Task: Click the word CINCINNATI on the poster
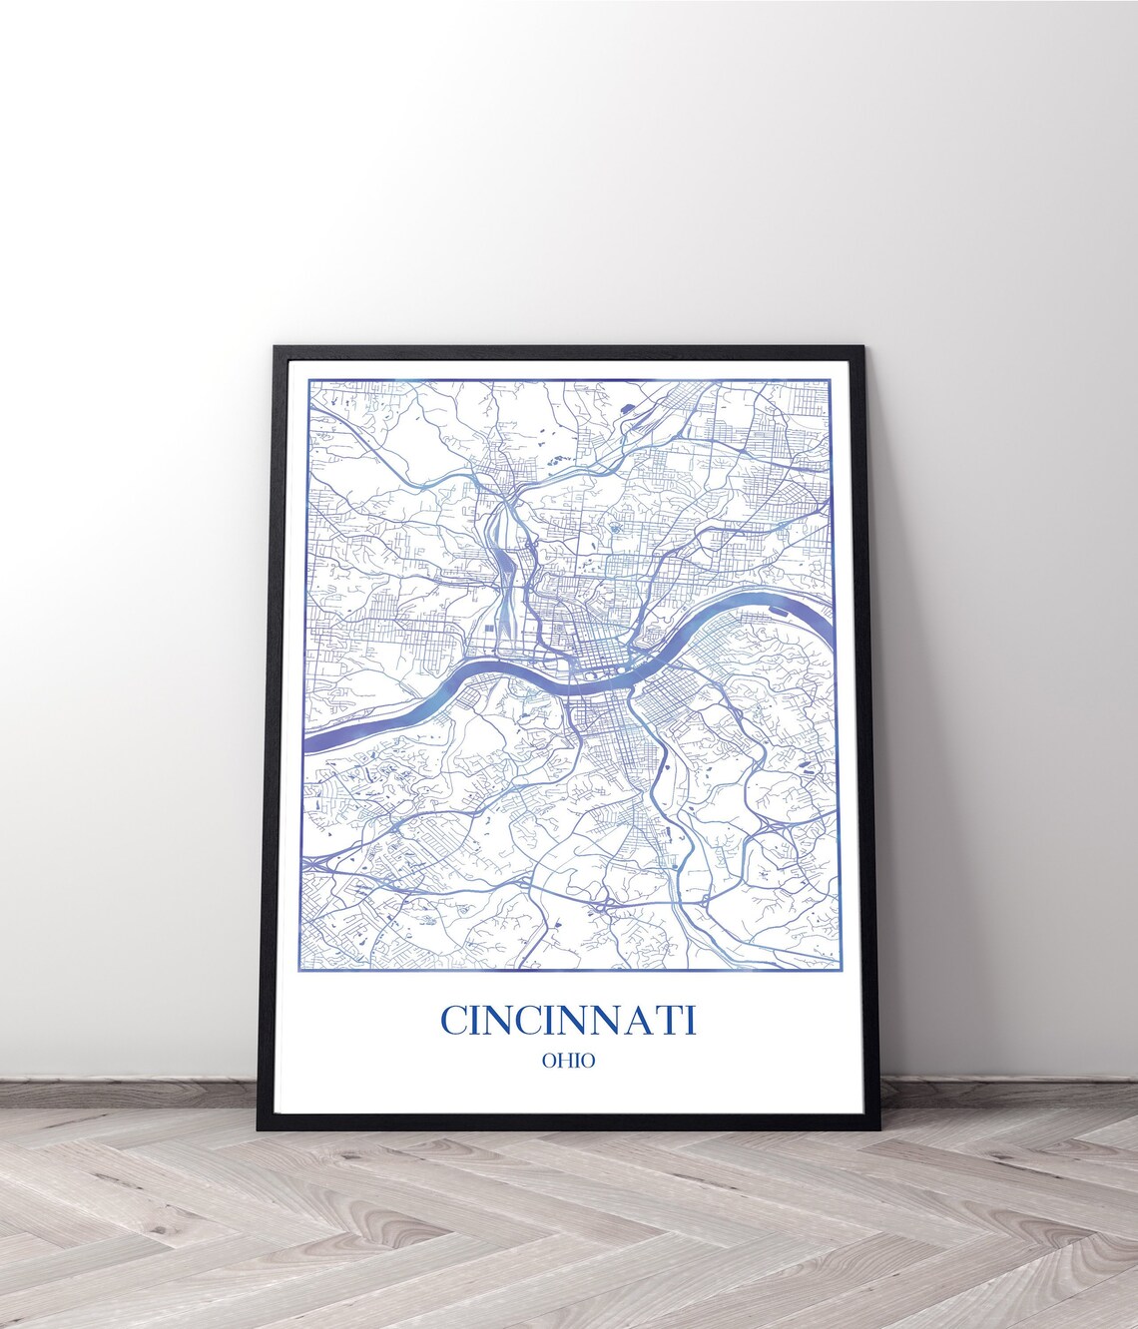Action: [568, 1021]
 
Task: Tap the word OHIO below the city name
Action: [568, 1061]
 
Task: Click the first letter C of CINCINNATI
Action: [455, 1021]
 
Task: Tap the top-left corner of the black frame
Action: [276, 347]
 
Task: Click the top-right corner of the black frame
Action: [862, 347]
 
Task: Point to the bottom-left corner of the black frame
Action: [261, 1128]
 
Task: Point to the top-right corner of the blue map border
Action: [831, 380]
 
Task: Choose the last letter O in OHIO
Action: [588, 1061]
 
